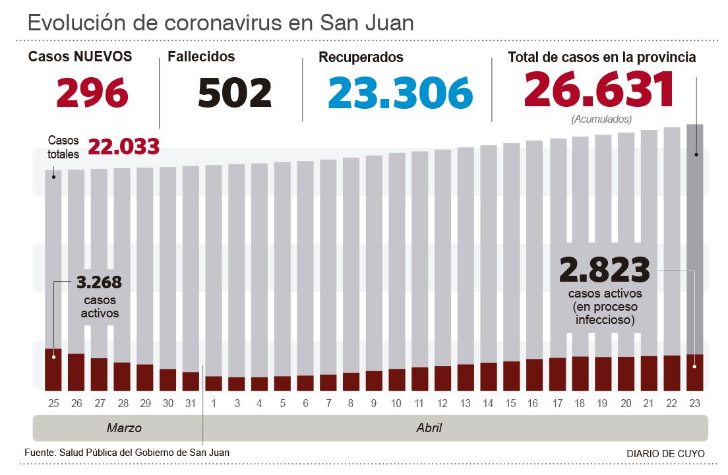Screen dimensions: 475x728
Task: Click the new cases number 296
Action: tap(92, 93)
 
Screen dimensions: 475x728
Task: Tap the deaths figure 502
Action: tap(235, 93)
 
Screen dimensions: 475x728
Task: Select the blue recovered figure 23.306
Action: tap(400, 92)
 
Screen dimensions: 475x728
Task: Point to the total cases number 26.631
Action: tap(599, 90)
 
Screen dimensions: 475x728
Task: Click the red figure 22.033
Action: tap(123, 146)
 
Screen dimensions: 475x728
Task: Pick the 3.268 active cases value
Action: tap(99, 283)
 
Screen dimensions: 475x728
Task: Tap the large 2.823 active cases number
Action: tap(604, 270)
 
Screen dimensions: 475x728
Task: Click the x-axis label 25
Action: tap(53, 403)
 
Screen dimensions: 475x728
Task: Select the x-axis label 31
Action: tap(191, 403)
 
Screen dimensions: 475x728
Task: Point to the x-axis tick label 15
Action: tap(511, 403)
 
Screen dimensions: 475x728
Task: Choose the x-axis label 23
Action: tap(694, 403)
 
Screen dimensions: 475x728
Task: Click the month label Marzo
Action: tap(124, 428)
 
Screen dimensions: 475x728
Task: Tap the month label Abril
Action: tap(429, 428)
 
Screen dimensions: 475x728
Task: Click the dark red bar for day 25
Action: tap(53, 369)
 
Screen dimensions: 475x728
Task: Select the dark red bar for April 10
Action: tap(397, 379)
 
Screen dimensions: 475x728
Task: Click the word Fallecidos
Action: tap(201, 57)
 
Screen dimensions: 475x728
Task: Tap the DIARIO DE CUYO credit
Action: tap(665, 453)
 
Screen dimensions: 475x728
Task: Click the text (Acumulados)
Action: tap(601, 119)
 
